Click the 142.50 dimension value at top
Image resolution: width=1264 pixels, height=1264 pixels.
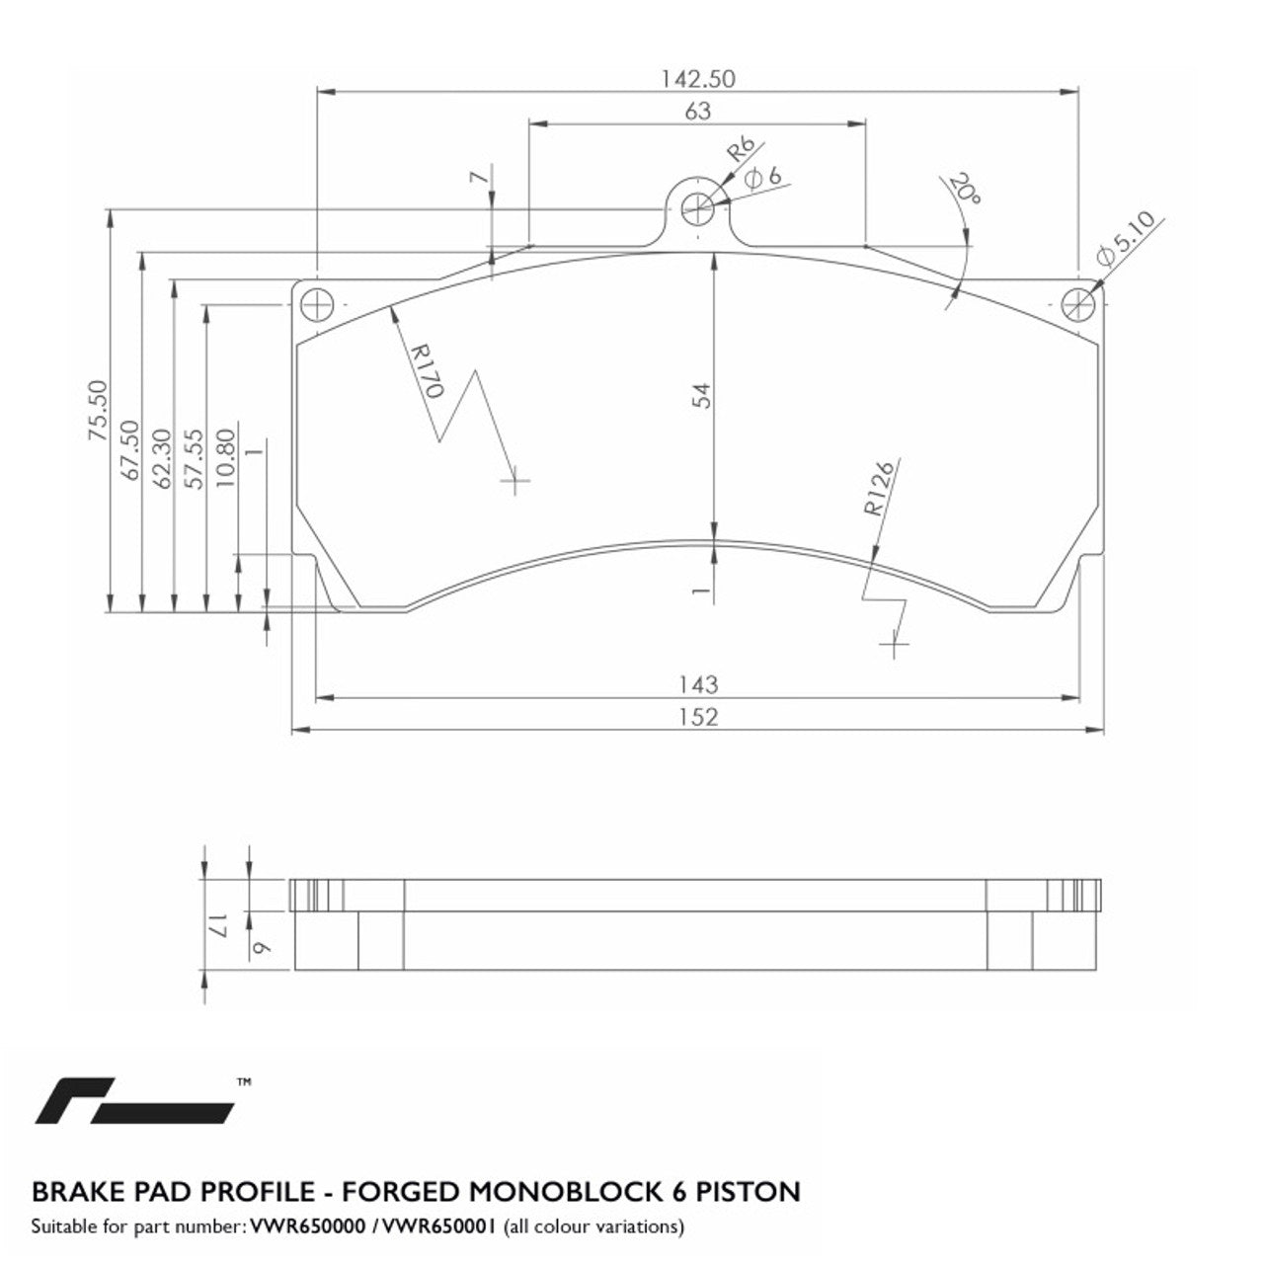tap(697, 78)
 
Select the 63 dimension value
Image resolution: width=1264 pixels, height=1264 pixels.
tap(697, 112)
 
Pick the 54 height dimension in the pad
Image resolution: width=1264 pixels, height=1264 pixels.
tap(701, 395)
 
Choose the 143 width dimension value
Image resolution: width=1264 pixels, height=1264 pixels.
tap(698, 683)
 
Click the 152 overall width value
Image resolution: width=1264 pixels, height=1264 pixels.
tap(698, 717)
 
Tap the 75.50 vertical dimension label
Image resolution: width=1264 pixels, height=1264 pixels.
tap(96, 409)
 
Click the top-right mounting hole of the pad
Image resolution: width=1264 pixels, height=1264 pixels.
tap(1077, 304)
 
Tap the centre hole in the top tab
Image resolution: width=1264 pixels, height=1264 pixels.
tap(698, 207)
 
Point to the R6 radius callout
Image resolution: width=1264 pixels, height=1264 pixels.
tap(741, 150)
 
